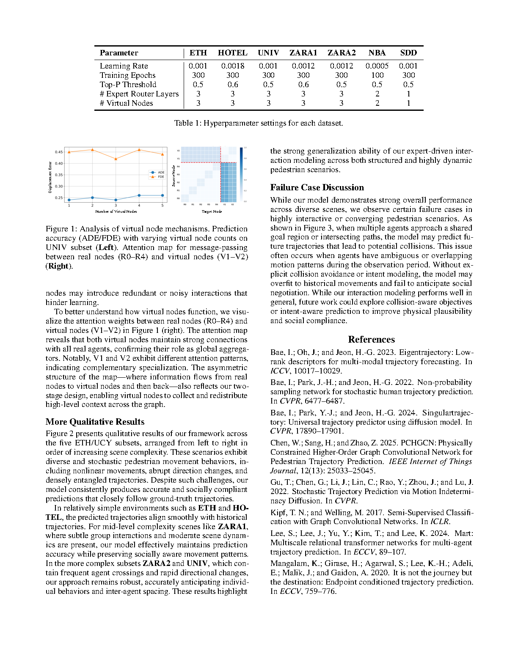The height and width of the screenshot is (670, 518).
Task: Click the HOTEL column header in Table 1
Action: (232, 53)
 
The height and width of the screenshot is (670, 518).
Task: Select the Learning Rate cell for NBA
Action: (377, 66)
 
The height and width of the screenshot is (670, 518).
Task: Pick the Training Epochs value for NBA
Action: (377, 75)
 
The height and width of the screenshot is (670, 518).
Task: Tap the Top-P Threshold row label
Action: (128, 85)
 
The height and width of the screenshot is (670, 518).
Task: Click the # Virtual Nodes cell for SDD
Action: (408, 103)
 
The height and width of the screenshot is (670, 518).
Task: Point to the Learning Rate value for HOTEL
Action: (233, 66)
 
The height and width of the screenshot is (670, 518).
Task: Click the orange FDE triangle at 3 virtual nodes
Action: (116, 159)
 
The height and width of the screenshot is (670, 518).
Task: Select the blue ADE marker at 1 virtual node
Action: (69, 200)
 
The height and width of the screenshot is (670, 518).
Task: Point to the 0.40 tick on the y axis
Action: (58, 163)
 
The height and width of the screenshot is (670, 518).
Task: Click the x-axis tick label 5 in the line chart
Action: (163, 206)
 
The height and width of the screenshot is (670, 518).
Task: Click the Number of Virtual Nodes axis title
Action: (116, 211)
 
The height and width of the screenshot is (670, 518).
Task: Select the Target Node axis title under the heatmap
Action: (212, 211)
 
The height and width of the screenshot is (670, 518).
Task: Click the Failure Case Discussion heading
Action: (317, 187)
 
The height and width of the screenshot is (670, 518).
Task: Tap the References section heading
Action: (371, 340)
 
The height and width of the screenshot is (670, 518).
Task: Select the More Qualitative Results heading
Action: (95, 422)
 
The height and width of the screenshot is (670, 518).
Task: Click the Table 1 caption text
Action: (259, 123)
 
